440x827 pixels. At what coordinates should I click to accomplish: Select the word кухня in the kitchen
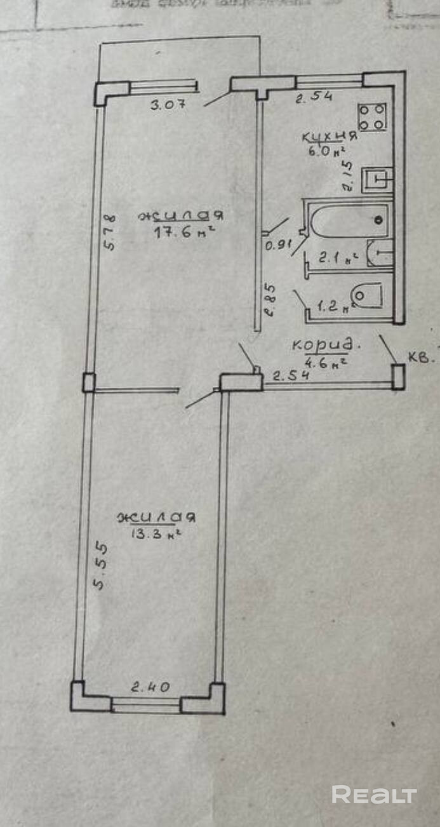328,136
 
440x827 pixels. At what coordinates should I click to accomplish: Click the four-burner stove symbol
372,117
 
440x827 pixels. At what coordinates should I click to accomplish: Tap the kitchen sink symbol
377,180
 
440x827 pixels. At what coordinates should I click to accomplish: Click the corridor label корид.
325,346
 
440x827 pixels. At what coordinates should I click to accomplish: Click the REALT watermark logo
374,795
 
